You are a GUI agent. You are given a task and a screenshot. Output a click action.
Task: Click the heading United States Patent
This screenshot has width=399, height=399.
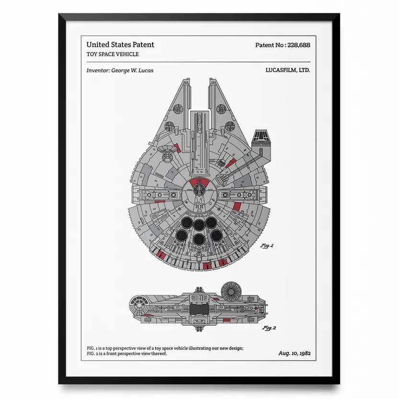120,45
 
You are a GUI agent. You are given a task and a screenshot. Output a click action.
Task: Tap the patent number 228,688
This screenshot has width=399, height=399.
299,45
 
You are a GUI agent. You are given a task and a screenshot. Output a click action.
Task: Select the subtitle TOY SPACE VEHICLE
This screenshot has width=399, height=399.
113,54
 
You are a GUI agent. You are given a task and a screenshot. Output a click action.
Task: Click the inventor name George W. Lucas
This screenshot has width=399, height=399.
132,70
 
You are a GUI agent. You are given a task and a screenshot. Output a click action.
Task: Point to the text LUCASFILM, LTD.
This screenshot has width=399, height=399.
288,70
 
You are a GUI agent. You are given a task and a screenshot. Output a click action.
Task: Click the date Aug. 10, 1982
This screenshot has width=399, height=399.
294,353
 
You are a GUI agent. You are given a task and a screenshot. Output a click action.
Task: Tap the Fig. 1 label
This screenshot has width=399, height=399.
267,246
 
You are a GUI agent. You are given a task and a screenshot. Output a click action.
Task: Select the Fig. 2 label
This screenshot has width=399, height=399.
269,328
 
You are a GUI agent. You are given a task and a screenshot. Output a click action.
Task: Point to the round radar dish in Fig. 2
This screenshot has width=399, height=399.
231,292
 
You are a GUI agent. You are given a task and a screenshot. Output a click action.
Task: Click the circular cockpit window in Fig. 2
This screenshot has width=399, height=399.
139,305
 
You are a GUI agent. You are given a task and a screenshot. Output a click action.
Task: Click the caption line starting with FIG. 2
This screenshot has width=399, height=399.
127,353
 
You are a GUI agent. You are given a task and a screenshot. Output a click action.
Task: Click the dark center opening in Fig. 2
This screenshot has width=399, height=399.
199,309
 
